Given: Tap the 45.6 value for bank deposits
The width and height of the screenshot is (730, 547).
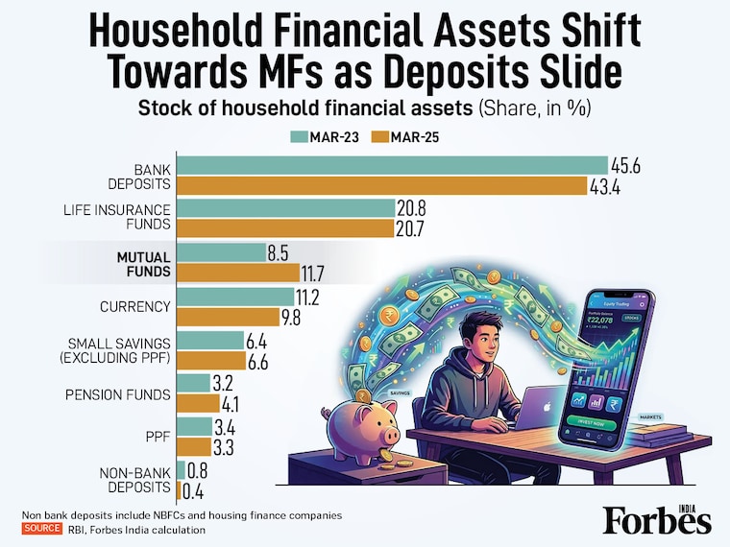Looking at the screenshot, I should pyautogui.click(x=625, y=166).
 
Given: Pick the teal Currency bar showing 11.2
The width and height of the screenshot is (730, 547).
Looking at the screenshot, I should pyautogui.click(x=236, y=297).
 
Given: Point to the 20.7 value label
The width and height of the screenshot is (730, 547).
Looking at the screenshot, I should pyautogui.click(x=414, y=227).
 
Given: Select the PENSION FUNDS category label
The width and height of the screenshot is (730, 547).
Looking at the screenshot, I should pyautogui.click(x=117, y=394).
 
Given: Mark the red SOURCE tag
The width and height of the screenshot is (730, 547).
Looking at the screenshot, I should pyautogui.click(x=42, y=529).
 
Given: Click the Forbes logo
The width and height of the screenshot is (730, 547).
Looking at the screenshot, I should pyautogui.click(x=657, y=520).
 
